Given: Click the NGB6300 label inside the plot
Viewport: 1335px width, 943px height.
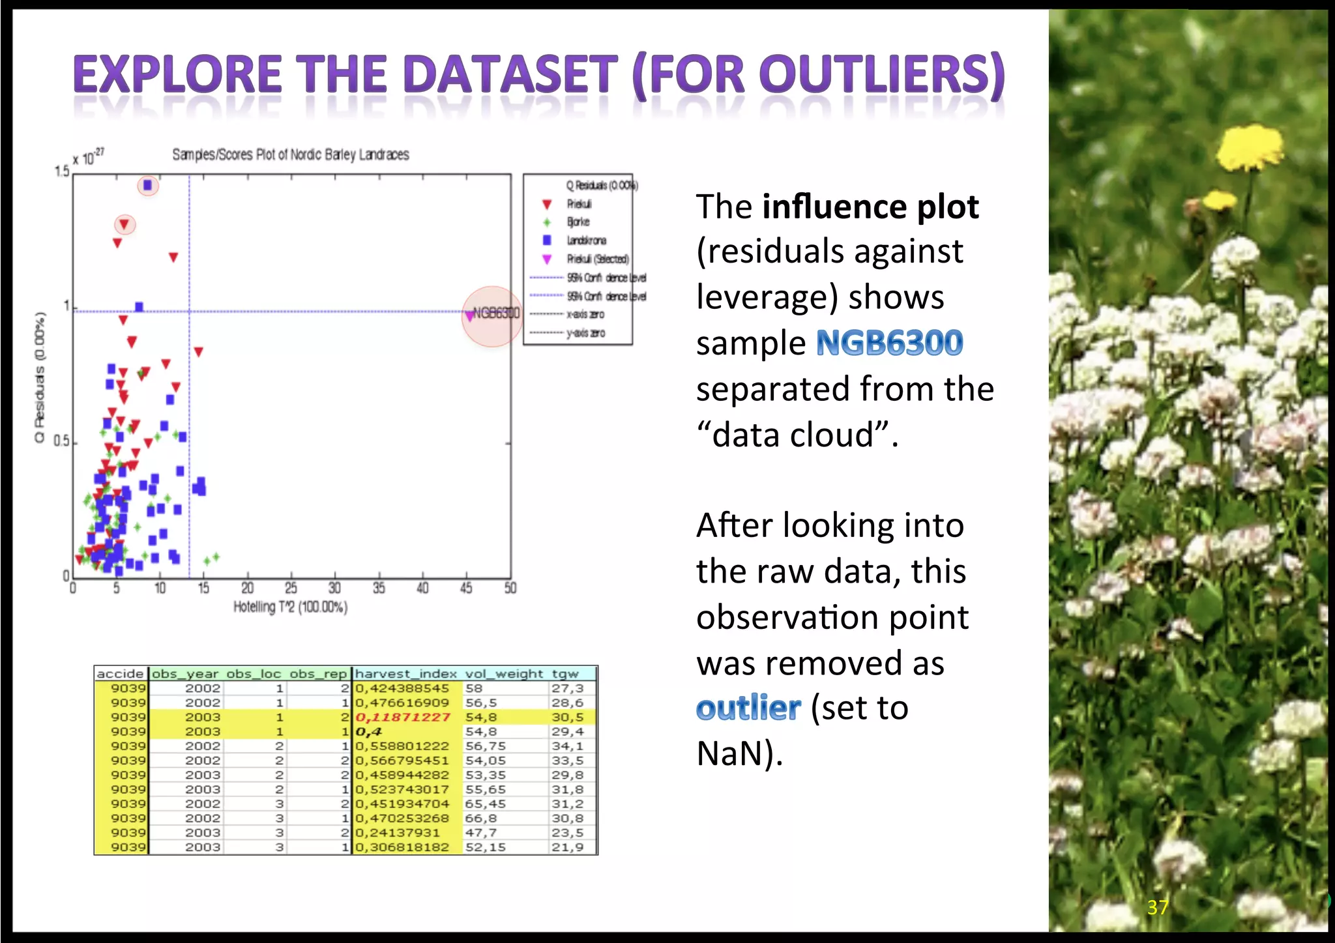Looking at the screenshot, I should pyautogui.click(x=496, y=313).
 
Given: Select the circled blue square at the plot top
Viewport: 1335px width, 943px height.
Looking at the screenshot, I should pyautogui.click(x=148, y=186).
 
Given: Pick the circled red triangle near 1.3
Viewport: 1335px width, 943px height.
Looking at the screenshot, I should pyautogui.click(x=125, y=225).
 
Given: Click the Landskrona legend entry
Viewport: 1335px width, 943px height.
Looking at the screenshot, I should pyautogui.click(x=586, y=240).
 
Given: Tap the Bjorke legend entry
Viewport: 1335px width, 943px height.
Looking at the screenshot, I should pyautogui.click(x=578, y=222).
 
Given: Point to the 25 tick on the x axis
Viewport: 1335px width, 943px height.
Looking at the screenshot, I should pyautogui.click(x=291, y=588).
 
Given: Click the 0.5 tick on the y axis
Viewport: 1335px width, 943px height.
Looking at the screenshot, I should pyautogui.click(x=61, y=442).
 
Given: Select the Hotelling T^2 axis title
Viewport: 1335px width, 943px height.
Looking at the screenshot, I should pyautogui.click(x=290, y=607).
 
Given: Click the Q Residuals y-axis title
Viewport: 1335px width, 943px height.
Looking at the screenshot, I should pyautogui.click(x=40, y=378).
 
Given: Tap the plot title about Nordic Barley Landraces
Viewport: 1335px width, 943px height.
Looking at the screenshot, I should pyautogui.click(x=290, y=155).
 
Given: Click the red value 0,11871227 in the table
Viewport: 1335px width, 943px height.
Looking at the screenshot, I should pyautogui.click(x=402, y=717).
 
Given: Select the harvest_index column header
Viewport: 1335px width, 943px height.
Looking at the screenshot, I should pyautogui.click(x=405, y=674).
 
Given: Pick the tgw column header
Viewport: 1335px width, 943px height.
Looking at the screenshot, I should pyautogui.click(x=565, y=674).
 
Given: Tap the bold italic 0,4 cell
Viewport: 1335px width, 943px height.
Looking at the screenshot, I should pyautogui.click(x=368, y=732).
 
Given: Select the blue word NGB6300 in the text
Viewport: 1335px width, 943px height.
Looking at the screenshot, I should pyautogui.click(x=889, y=343).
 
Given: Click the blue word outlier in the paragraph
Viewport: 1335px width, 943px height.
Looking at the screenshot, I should pyautogui.click(x=748, y=708).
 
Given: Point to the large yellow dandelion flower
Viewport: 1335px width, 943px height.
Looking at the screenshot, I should pyautogui.click(x=1248, y=149).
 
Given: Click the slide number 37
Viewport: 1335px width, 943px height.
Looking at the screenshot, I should pyautogui.click(x=1158, y=907).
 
